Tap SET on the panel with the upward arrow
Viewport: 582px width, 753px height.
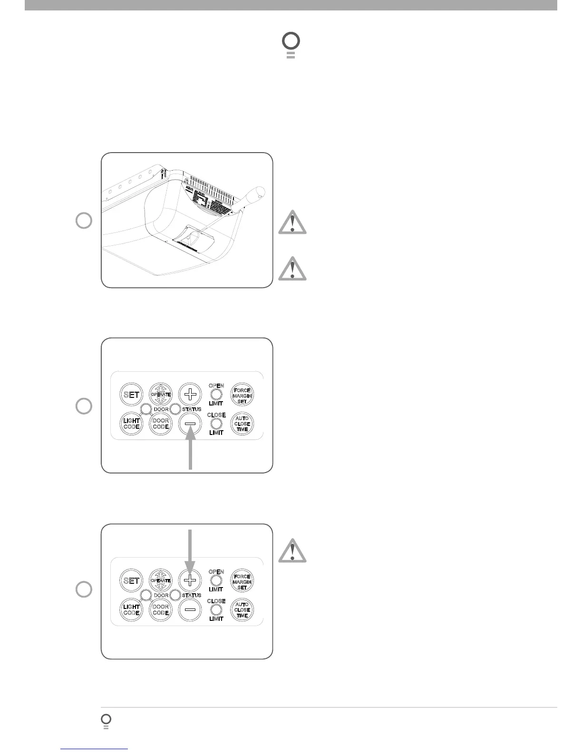point(131,395)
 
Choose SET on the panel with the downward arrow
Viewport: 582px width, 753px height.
point(131,580)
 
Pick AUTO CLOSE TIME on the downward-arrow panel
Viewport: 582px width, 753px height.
point(242,610)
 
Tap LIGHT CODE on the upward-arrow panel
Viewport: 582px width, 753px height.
point(131,424)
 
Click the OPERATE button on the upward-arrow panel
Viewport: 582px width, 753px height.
point(161,395)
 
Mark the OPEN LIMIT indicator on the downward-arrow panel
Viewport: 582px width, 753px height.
point(216,580)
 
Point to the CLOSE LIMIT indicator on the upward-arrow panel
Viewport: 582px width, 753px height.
point(216,424)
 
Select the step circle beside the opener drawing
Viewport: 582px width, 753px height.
point(84,221)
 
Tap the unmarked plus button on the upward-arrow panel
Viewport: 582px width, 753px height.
point(190,394)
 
